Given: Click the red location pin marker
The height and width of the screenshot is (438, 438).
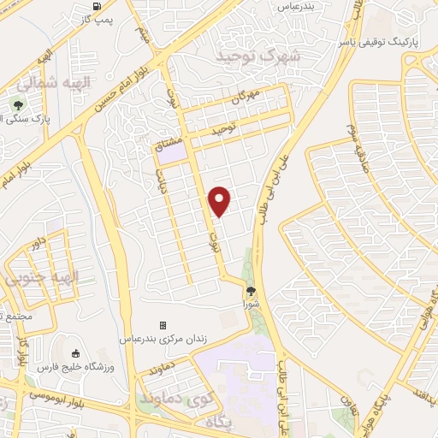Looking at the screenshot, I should click(x=221, y=201).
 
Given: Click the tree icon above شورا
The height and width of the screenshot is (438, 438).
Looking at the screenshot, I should click(x=251, y=291).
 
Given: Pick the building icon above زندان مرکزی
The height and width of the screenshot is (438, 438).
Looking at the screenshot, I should click(x=163, y=325).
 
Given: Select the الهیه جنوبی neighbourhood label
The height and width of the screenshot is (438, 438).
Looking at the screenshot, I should click(x=40, y=278).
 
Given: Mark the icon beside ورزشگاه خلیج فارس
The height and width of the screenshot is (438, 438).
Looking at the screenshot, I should click(x=76, y=353).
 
